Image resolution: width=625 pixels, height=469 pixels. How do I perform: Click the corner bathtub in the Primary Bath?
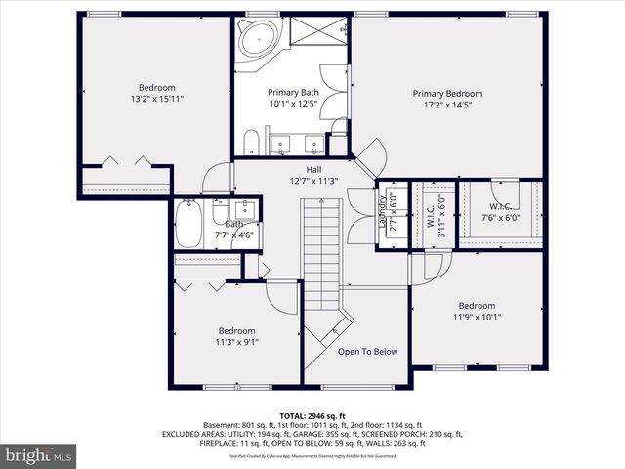[255, 40]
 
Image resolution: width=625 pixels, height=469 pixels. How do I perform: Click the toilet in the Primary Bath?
[251, 143]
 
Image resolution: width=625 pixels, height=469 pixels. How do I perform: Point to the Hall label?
[313, 169]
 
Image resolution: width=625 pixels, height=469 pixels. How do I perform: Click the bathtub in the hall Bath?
[187, 226]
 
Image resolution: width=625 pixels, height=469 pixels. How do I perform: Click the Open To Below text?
[367, 352]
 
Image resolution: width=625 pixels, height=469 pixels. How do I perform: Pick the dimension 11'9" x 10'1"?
[477, 317]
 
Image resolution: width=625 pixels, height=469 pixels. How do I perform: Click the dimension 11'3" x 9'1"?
[236, 342]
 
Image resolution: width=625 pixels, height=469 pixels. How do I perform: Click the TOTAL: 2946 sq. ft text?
[312, 415]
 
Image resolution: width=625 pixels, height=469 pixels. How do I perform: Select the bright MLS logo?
[39, 455]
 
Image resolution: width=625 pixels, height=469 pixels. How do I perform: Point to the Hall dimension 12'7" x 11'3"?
[313, 181]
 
